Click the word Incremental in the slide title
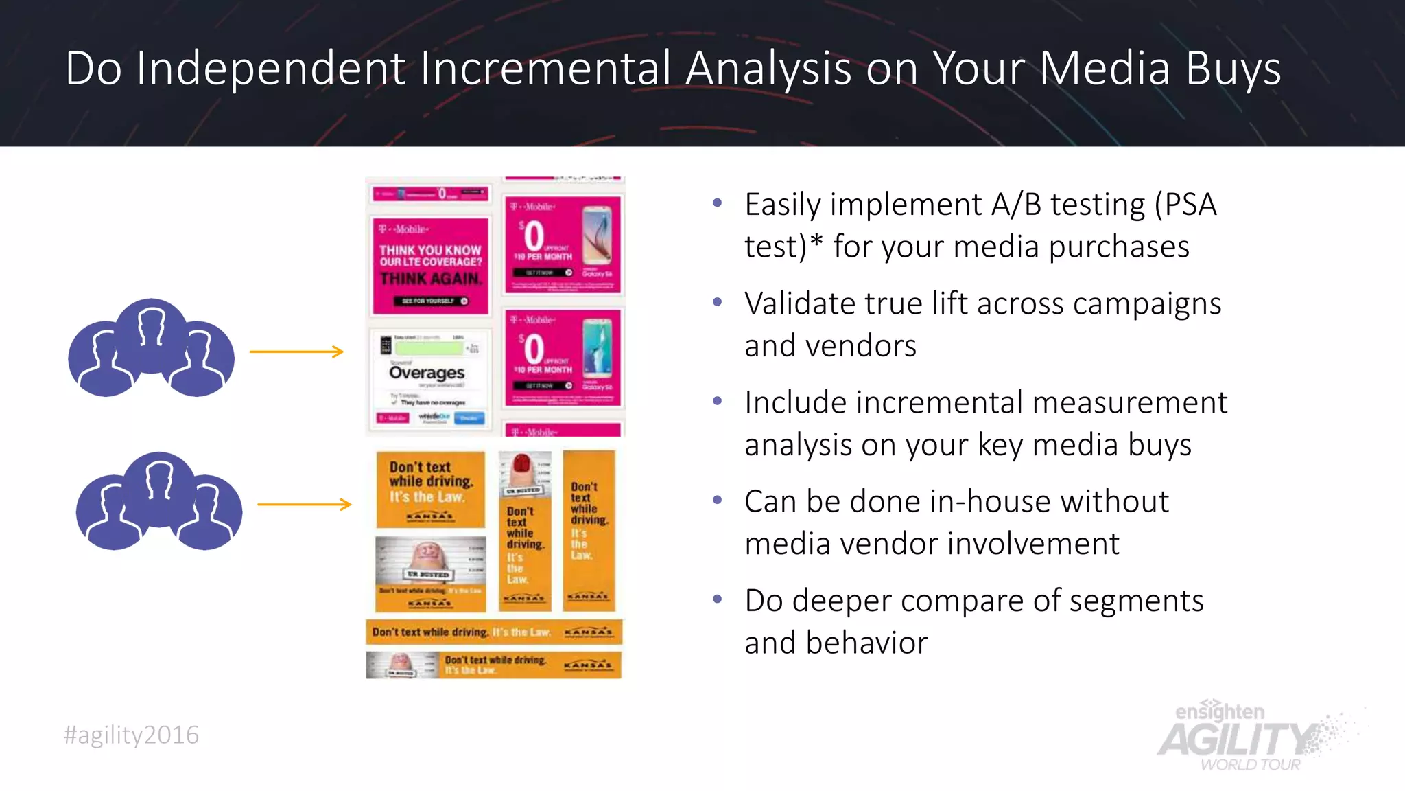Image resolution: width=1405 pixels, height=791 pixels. click(545, 69)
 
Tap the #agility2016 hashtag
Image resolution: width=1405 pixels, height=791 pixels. click(131, 735)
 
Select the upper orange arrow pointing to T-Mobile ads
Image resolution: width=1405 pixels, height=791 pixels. click(296, 352)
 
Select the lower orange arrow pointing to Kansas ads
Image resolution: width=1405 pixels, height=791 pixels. click(305, 505)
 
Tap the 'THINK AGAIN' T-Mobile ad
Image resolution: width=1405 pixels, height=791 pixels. click(430, 266)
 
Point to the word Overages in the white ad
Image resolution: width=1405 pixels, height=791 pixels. click(427, 373)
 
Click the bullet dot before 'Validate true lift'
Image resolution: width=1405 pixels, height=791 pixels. click(718, 302)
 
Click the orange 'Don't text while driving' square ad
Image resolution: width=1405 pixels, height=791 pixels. click(430, 489)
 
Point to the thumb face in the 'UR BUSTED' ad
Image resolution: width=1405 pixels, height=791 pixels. click(428, 553)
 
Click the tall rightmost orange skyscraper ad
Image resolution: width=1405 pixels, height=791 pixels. click(589, 530)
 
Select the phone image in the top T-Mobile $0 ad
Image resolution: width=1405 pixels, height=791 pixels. click(597, 237)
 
